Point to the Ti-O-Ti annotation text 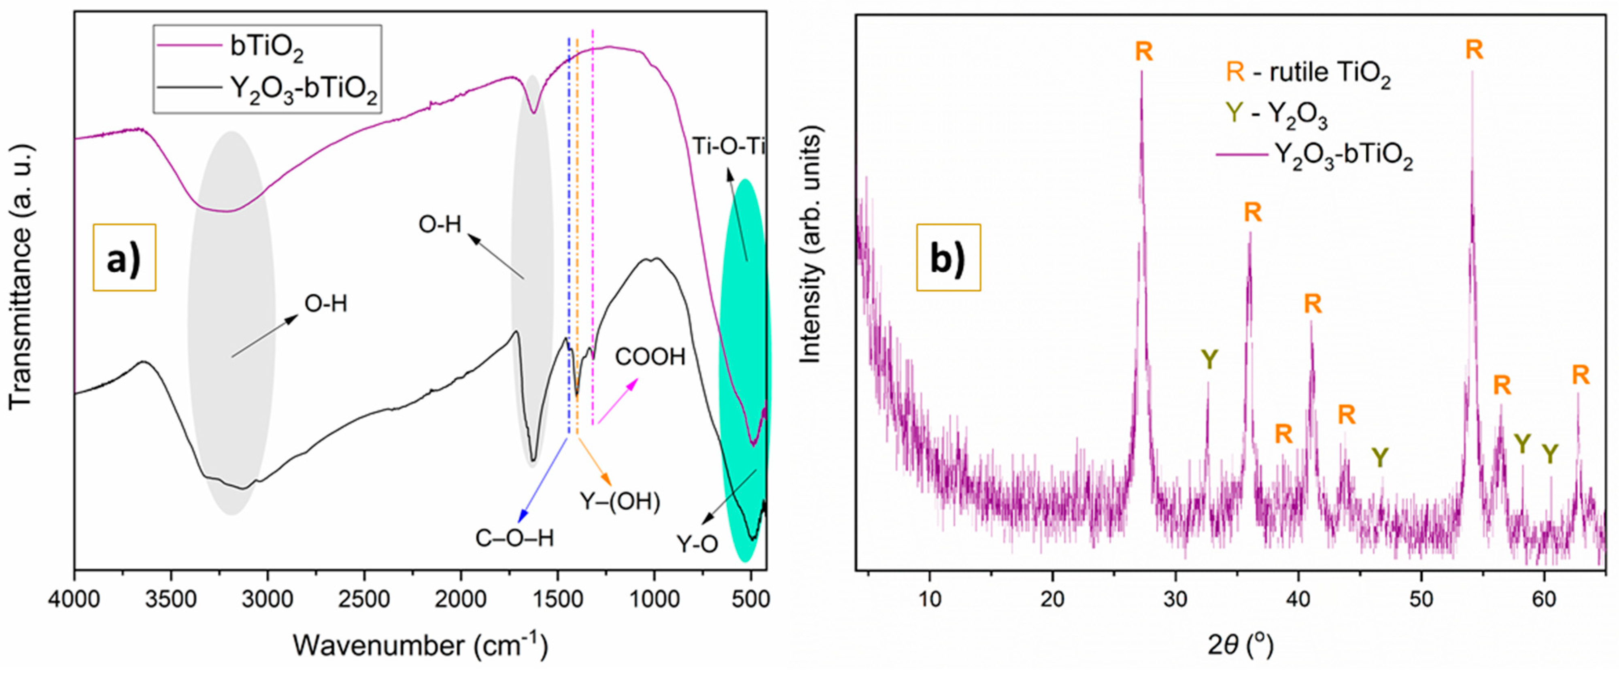(729, 147)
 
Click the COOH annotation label (650, 357)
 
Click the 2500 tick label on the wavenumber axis (365, 600)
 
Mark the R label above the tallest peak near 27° (1144, 51)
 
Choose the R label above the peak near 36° (1253, 213)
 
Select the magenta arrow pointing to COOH (618, 401)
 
